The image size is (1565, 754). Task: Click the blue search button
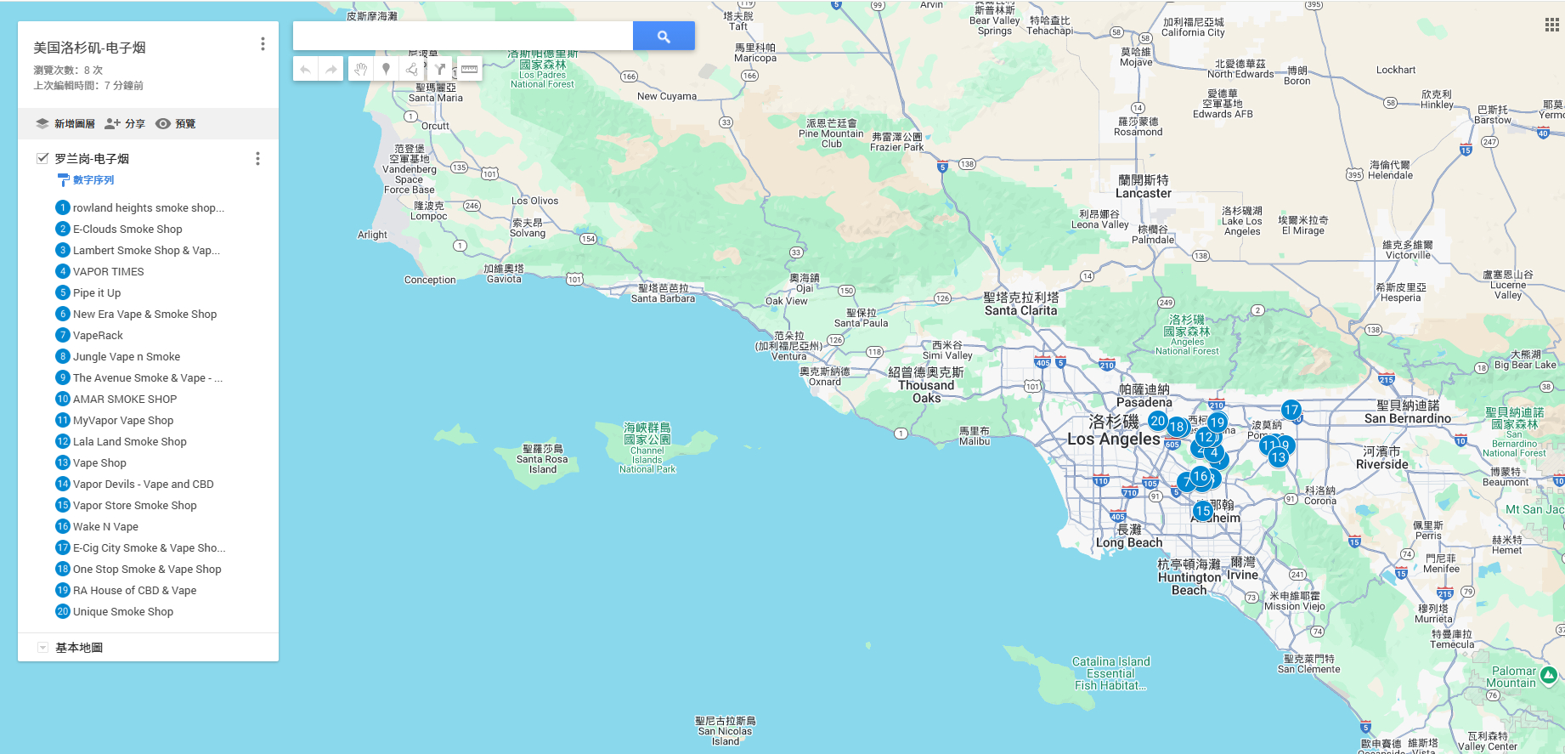664,37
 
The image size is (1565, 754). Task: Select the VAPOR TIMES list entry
108,272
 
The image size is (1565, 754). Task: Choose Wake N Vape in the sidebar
105,527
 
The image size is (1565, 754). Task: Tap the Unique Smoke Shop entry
122,612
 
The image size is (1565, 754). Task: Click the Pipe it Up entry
97,293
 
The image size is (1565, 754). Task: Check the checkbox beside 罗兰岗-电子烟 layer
42,158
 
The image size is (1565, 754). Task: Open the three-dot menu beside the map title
263,43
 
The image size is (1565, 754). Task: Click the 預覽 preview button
176,124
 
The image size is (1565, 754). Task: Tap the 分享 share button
125,124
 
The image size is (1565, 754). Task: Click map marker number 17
1291,410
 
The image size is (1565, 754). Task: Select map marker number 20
1157,421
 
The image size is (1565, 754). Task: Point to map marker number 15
1202,511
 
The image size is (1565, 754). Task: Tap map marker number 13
1279,457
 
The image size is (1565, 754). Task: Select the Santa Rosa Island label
542,459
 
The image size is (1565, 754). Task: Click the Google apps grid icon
1551,25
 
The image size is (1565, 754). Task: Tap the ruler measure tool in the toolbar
469,69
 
